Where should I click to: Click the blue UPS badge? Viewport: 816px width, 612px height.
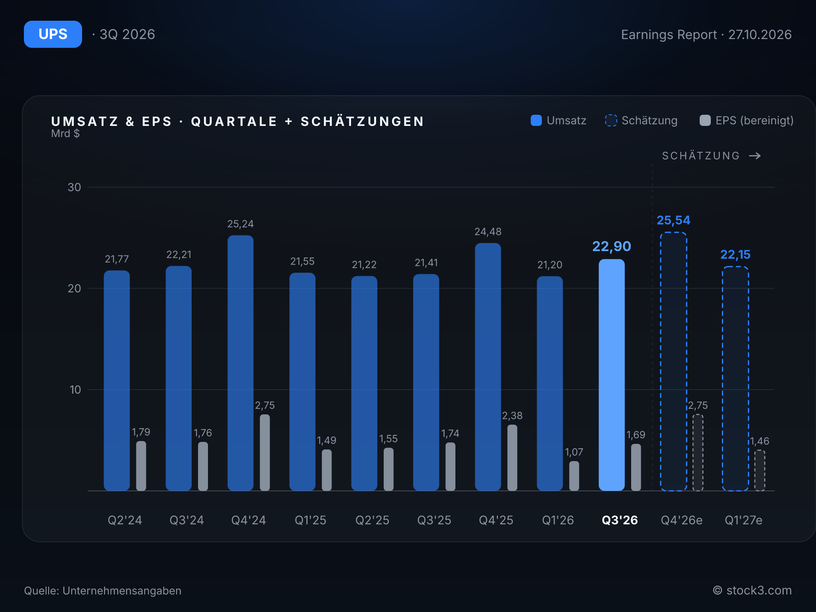click(53, 34)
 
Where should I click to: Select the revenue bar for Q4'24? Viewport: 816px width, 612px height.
click(240, 363)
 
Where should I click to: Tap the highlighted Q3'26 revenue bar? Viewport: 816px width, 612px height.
click(612, 375)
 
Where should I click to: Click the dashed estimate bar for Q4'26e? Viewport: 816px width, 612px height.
click(673, 361)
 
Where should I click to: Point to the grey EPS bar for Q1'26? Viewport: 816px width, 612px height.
click(574, 476)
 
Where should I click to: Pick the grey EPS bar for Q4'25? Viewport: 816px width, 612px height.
click(512, 457)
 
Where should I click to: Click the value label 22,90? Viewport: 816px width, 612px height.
click(612, 246)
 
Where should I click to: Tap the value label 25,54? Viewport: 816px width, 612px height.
click(673, 220)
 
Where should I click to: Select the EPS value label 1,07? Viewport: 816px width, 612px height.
click(574, 452)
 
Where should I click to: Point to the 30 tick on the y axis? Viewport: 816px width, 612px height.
click(74, 187)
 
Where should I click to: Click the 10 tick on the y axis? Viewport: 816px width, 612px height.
click(75, 390)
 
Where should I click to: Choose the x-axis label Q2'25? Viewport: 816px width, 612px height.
click(372, 520)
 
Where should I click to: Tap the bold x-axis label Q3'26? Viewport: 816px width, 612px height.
click(620, 520)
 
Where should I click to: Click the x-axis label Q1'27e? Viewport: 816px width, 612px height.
click(743, 520)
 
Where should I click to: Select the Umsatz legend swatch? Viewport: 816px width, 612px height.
click(536, 120)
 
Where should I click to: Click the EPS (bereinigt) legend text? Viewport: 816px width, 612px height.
click(755, 120)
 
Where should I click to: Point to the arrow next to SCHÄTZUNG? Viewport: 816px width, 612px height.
click(755, 156)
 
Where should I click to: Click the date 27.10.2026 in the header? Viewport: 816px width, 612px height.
click(760, 35)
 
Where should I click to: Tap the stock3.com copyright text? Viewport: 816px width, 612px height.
click(752, 590)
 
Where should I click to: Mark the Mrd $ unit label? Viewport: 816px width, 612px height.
click(65, 133)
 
